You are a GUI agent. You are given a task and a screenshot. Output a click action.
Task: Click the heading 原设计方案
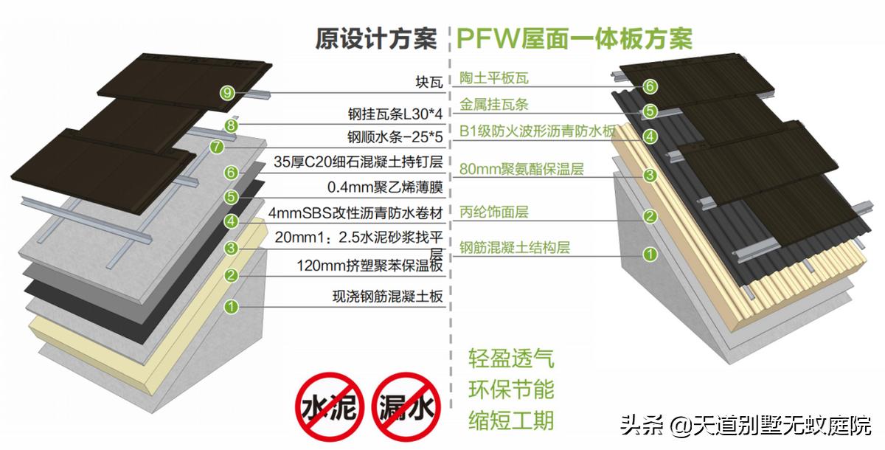tap(376, 38)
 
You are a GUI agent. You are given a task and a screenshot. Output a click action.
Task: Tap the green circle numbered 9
tap(227, 92)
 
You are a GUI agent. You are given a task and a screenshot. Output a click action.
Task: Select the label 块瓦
tap(429, 81)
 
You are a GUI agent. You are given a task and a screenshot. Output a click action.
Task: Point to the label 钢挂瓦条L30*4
tap(395, 114)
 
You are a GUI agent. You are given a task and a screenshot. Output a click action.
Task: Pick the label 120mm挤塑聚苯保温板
tap(369, 266)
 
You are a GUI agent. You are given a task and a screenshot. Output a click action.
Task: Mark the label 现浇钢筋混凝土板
tap(387, 297)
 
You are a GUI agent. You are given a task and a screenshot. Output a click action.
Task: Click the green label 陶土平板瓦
tap(494, 77)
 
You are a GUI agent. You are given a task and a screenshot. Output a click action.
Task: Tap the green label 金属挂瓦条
tap(494, 105)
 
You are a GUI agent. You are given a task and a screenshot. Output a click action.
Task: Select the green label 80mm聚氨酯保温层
tap(521, 169)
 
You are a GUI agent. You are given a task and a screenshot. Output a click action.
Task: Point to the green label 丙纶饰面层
tap(494, 212)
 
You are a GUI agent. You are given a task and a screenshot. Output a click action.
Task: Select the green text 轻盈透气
tap(511, 359)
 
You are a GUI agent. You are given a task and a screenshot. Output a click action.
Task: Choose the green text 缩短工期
tap(511, 420)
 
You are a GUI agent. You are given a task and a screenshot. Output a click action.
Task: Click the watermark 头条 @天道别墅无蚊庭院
tap(745, 426)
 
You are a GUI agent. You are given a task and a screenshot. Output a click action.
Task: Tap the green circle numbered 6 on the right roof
tap(650, 86)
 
